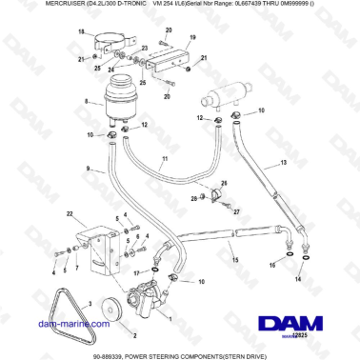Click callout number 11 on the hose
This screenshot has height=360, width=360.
coord(164,158)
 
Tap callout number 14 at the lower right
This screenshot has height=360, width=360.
coord(298,281)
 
